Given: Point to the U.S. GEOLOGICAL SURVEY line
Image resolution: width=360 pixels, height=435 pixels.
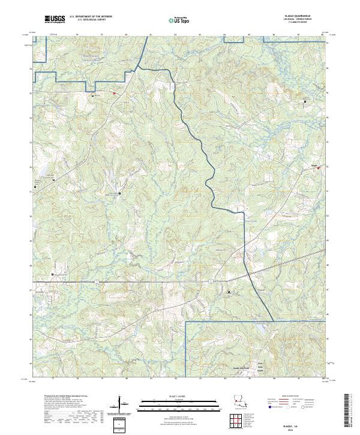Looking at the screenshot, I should click(87, 20).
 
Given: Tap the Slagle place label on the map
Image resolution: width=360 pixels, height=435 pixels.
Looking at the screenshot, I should click(314, 165).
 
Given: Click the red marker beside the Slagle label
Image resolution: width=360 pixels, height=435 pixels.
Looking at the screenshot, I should click(319, 168).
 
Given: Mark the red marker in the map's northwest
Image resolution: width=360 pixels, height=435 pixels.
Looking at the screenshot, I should click(114, 93).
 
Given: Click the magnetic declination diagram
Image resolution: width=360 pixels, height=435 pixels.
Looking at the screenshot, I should click(122, 404).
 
